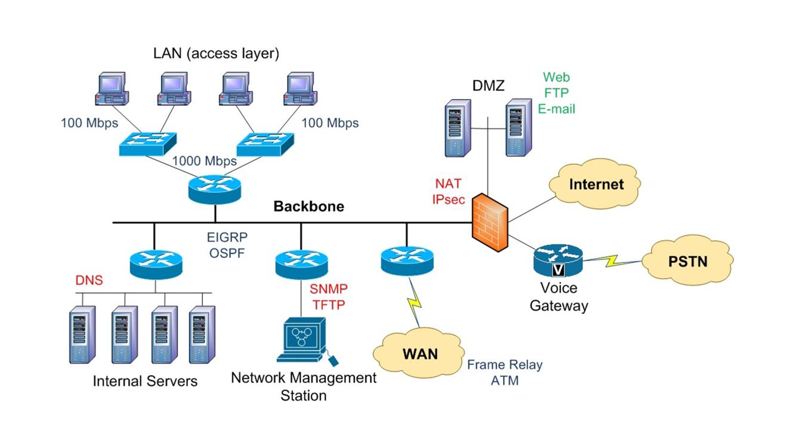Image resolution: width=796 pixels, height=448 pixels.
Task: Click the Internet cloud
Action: click(596, 184)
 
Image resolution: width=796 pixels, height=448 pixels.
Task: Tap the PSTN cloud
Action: click(687, 261)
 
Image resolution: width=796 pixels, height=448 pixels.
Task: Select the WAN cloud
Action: click(419, 353)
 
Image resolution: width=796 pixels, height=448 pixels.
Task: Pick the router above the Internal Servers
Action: click(155, 262)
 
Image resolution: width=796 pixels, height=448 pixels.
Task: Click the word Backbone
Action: click(308, 207)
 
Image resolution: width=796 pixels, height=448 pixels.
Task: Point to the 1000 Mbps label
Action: click(204, 161)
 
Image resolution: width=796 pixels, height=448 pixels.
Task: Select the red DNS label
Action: click(90, 280)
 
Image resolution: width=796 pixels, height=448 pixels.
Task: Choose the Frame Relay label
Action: click(505, 365)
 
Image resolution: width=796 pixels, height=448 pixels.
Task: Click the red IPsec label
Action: click(448, 200)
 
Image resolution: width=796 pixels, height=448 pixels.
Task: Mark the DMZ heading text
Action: click(488, 86)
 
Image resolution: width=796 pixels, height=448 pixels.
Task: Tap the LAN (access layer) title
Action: click(216, 53)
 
